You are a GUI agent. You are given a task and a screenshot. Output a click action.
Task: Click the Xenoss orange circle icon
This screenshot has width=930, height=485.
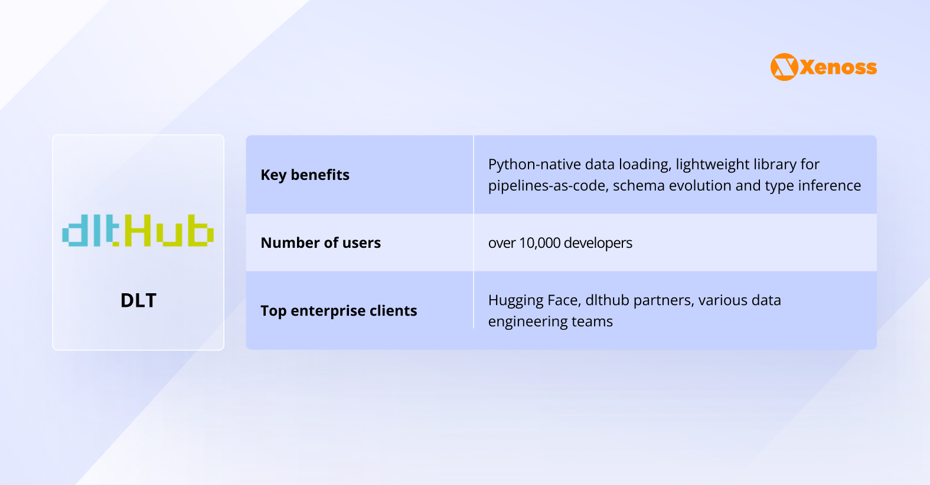click(x=784, y=67)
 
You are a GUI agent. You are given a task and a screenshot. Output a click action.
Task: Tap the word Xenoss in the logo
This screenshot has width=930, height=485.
click(x=838, y=67)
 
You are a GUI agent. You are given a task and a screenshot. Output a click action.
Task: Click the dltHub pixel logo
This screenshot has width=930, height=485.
click(x=138, y=231)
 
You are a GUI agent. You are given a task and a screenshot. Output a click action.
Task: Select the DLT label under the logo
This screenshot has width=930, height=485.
click(x=138, y=300)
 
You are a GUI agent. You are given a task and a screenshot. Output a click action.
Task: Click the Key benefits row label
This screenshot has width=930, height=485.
click(x=305, y=175)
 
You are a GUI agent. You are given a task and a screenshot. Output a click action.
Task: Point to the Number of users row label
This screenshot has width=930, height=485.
click(x=321, y=242)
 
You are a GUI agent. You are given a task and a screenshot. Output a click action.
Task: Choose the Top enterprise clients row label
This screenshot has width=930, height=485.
click(x=338, y=310)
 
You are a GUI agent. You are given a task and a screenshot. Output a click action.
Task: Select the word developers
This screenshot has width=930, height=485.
click(x=598, y=242)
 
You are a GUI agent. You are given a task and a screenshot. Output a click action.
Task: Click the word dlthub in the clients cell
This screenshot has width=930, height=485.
click(x=607, y=300)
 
